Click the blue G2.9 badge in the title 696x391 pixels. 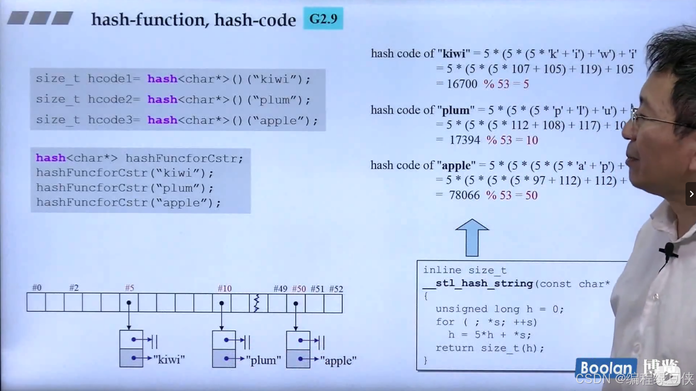tap(323, 19)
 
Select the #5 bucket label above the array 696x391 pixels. tap(130, 288)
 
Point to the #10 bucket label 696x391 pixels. tap(225, 288)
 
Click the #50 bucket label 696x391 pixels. tap(299, 289)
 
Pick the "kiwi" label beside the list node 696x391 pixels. tap(169, 360)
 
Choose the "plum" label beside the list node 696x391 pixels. tap(264, 360)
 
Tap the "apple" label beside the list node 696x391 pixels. tap(338, 361)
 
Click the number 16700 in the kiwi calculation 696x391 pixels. tap(462, 84)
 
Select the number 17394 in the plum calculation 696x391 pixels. tap(465, 140)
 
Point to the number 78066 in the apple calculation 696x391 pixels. tap(464, 195)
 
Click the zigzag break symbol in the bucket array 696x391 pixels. tap(256, 303)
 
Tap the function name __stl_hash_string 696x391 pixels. tap(478, 284)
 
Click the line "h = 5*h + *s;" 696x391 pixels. tap(489, 335)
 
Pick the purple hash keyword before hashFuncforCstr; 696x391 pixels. tap(51, 158)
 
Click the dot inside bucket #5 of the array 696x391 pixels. tap(129, 303)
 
